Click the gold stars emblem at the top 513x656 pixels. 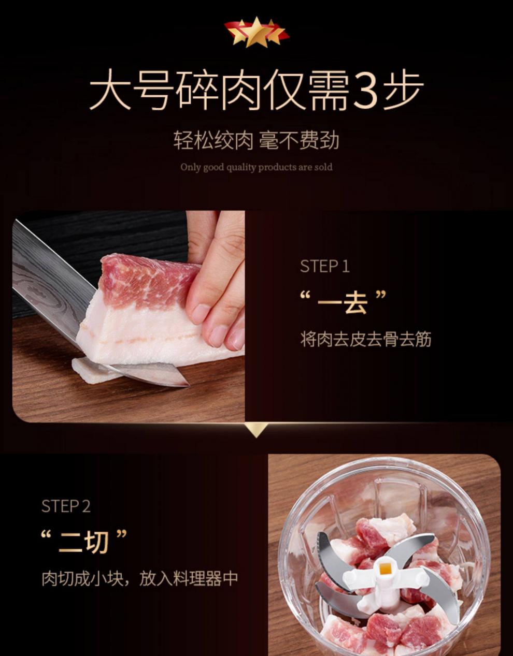click(x=256, y=32)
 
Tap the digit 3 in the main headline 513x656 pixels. click(x=365, y=90)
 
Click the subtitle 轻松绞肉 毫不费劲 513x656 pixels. click(x=256, y=140)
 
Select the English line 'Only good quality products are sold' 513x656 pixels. click(x=256, y=167)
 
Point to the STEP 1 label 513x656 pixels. click(x=325, y=267)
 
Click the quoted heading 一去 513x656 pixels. click(x=343, y=302)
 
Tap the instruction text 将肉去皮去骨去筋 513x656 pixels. click(x=365, y=339)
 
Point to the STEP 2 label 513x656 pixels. click(x=66, y=506)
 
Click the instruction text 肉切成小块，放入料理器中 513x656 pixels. click(x=139, y=579)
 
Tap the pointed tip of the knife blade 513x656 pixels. click(x=189, y=385)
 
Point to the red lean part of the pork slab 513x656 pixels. click(x=148, y=279)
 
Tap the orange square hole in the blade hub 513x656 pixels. click(x=384, y=568)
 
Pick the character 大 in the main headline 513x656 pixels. click(x=110, y=90)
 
